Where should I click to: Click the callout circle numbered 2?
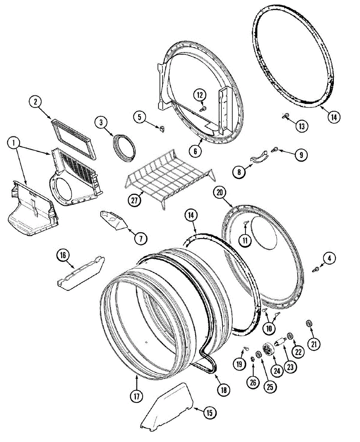[x=36, y=102]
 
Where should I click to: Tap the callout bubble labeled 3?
[x=101, y=122]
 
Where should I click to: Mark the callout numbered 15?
[x=209, y=413]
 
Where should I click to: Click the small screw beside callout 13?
[x=284, y=116]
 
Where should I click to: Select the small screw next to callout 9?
[x=274, y=150]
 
